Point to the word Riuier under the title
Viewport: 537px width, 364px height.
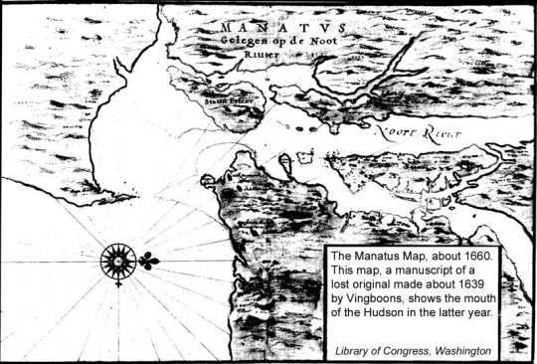pos(260,56)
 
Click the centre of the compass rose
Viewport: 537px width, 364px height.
pos(118,262)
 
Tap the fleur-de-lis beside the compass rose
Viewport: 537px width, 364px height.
pos(149,262)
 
